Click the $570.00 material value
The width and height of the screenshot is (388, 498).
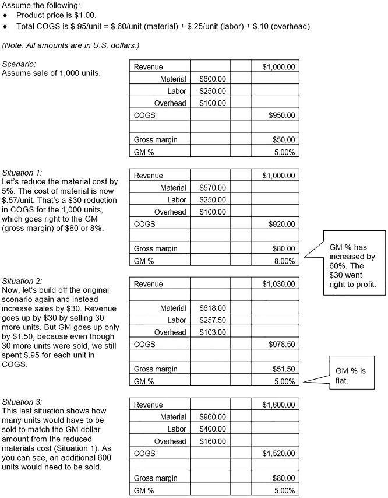click(x=213, y=188)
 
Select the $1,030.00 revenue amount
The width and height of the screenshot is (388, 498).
click(x=278, y=284)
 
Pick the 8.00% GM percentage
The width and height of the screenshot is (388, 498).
click(x=284, y=261)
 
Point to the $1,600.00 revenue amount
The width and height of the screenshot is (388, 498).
click(x=278, y=405)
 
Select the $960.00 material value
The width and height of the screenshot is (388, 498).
click(x=213, y=417)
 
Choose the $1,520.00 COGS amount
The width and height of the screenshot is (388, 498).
click(x=278, y=453)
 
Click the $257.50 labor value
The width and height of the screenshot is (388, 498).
click(x=213, y=320)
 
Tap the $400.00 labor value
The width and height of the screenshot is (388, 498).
click(x=213, y=429)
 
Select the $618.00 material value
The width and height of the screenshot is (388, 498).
click(x=213, y=308)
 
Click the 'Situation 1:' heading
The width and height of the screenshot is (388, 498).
click(x=22, y=173)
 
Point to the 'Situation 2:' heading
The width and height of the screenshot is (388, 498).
click(x=22, y=281)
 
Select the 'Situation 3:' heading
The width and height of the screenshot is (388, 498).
click(x=22, y=402)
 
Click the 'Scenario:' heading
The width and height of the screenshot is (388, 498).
click(x=19, y=64)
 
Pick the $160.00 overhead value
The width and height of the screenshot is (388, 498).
click(x=213, y=441)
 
